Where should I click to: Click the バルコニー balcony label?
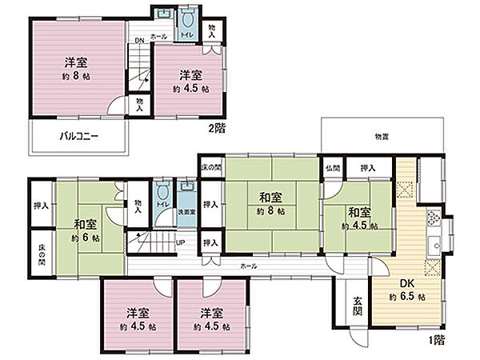coord(79,137)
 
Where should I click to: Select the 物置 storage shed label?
coord(382,135)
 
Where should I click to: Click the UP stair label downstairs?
coord(181,242)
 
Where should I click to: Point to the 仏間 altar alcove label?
coord(333,169)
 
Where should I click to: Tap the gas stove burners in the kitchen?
coord(434,217)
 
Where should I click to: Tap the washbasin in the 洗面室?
coord(186,193)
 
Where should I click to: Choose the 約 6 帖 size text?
coord(85,238)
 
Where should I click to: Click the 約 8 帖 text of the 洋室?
coord(75,77)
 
